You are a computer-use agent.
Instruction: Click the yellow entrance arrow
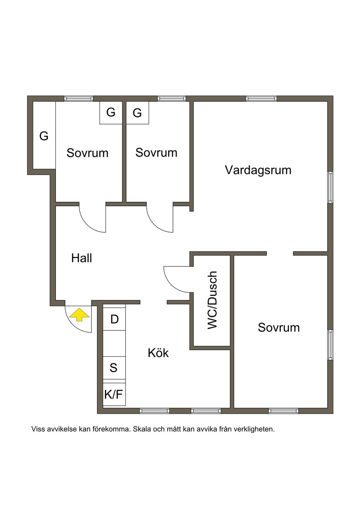coord(79,314)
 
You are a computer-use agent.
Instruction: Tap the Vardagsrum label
coord(258,170)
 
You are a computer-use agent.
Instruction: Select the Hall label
coord(82,258)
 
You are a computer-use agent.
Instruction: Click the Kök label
coord(158,353)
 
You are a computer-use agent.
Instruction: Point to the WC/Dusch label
coord(212,300)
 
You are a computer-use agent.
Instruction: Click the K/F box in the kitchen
coord(114,394)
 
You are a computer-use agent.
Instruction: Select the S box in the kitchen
coord(114,368)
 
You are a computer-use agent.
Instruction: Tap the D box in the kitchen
coord(114,319)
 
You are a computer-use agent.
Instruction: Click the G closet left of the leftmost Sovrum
coord(44,136)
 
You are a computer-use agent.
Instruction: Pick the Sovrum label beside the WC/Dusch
coord(279,328)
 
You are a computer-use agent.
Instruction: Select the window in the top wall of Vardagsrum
coord(261,99)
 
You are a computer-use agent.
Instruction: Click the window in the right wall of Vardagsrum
coord(330,187)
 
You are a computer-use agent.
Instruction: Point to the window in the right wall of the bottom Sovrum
coord(330,344)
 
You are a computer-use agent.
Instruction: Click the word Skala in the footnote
coord(141,429)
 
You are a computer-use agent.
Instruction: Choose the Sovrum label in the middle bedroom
coord(156,153)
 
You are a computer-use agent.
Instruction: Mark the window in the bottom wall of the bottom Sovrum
coord(283,411)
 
